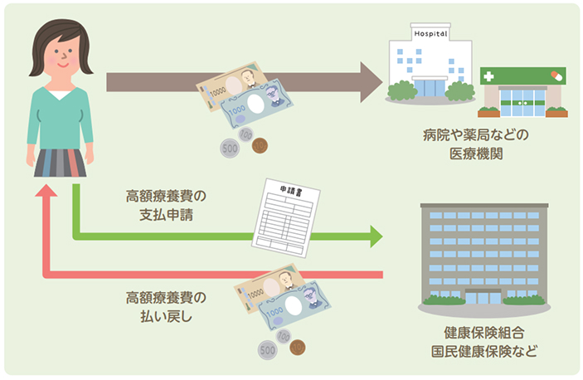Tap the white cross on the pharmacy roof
[x=488, y=76]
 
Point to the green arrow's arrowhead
[x=376, y=236]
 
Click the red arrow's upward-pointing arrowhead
[x=49, y=192]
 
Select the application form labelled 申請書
[x=285, y=213]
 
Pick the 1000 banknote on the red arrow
[x=294, y=308]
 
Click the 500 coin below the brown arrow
[x=230, y=149]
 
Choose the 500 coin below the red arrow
[x=268, y=352]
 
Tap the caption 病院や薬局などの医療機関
[x=469, y=144]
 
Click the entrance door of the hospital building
[x=430, y=88]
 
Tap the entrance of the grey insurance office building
[x=483, y=297]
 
